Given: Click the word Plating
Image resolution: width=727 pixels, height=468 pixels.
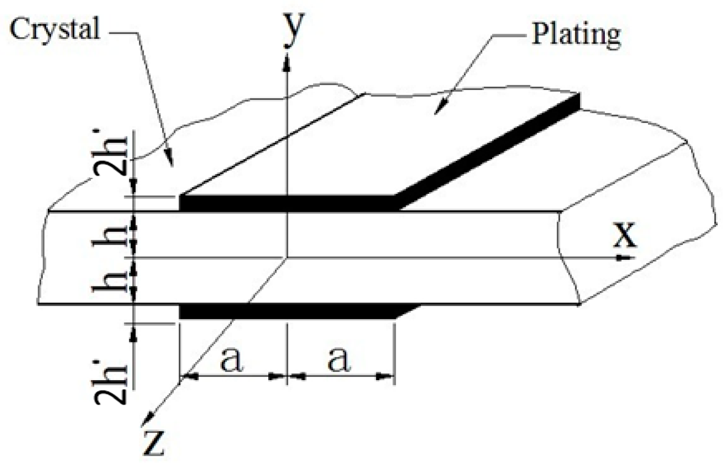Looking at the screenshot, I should (x=576, y=34).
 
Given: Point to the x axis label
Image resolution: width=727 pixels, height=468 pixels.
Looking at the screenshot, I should (x=624, y=235).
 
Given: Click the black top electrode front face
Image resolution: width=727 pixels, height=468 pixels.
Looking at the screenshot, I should (x=287, y=203).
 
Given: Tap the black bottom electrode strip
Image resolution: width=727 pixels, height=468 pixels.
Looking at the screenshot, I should (x=287, y=312).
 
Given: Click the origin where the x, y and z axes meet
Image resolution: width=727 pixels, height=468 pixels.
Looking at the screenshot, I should (x=287, y=257).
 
